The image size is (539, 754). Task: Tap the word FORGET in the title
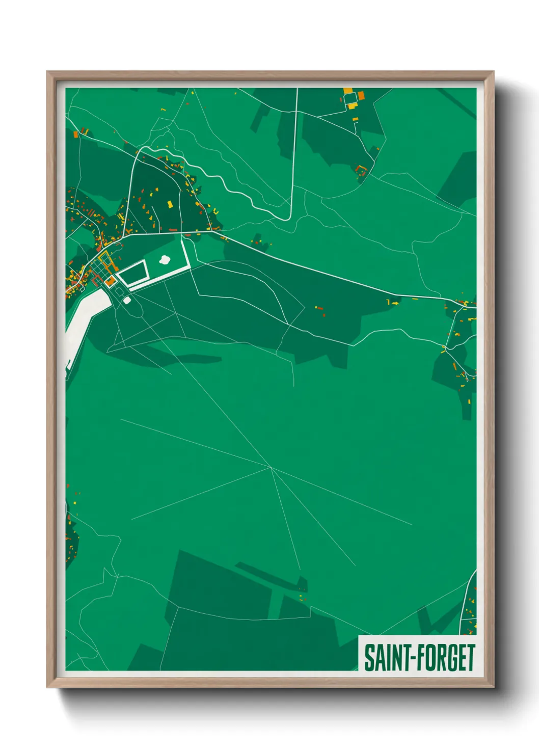[446, 658]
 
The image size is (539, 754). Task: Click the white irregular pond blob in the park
[165, 260]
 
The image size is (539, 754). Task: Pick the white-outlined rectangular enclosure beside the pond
[133, 273]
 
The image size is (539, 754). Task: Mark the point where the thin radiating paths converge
[270, 467]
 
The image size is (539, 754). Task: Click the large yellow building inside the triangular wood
[170, 204]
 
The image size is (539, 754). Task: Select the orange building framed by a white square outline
[110, 281]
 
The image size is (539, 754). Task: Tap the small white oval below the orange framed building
[127, 301]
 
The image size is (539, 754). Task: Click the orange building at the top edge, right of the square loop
[361, 95]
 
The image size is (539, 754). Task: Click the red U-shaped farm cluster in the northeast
[362, 170]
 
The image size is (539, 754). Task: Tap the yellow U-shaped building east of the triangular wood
[214, 210]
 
